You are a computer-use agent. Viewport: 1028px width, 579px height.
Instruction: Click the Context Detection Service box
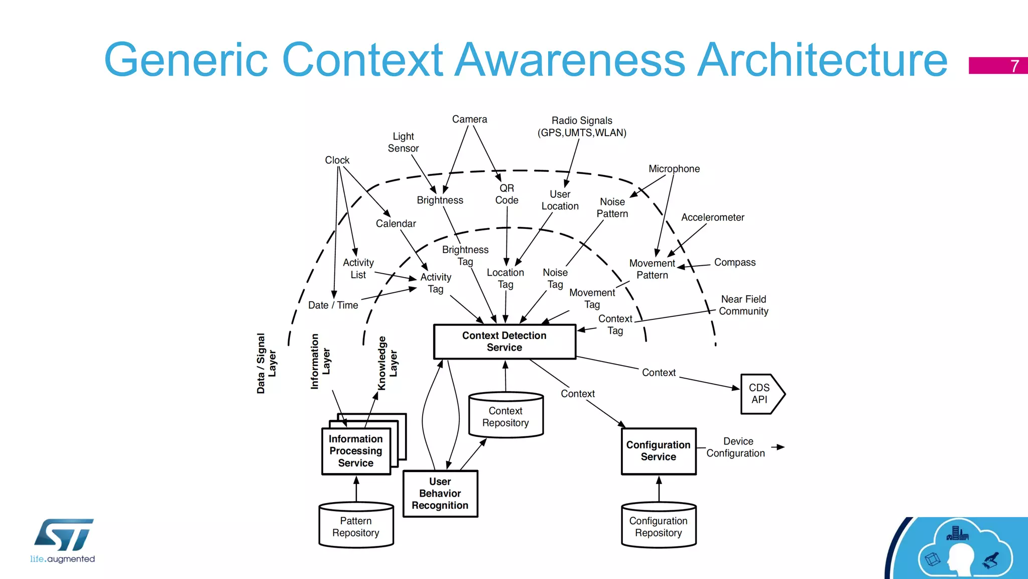pos(504,341)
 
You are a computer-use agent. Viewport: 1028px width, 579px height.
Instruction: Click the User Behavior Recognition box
pos(440,494)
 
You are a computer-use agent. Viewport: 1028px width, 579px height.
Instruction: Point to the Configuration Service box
pos(658,451)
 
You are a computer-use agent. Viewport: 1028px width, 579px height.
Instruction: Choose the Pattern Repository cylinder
pos(356,527)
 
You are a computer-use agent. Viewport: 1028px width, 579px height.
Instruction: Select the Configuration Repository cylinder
pos(658,527)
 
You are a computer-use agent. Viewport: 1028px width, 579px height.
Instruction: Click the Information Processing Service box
pos(356,451)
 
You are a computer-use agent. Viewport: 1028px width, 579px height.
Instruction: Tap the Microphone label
pos(674,169)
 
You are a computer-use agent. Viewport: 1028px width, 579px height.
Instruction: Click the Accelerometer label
pos(712,217)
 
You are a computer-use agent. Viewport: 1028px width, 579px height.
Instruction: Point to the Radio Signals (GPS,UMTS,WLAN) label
pos(582,127)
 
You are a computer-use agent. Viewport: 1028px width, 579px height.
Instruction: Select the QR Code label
pos(506,194)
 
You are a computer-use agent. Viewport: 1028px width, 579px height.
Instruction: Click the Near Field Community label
pos(743,305)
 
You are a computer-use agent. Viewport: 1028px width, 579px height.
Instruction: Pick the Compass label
pos(734,262)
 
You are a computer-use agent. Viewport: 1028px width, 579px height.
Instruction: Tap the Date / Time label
pos(333,305)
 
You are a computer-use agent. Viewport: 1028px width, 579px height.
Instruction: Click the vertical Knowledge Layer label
pos(388,363)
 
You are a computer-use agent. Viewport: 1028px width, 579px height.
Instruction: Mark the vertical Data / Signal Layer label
pos(266,363)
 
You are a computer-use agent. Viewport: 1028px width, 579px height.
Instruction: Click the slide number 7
pos(1014,66)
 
